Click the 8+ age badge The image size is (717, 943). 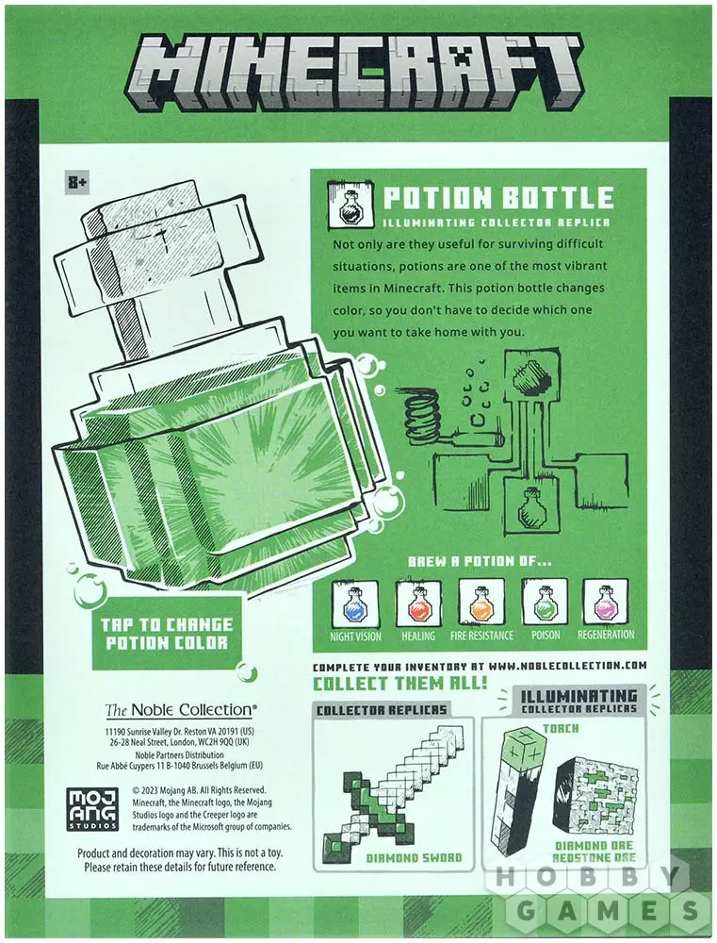tap(77, 182)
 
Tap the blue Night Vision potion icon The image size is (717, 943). tap(356, 604)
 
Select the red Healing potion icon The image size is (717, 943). tap(418, 604)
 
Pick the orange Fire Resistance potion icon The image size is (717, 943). tap(481, 604)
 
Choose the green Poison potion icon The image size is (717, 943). tap(544, 604)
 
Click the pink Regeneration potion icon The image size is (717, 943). tap(606, 604)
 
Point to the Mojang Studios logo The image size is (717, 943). tap(92, 809)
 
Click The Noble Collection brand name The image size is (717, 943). tap(178, 710)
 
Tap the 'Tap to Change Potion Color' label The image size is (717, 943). tap(167, 634)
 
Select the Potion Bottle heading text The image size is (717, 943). tap(498, 197)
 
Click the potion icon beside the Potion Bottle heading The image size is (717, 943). tap(347, 206)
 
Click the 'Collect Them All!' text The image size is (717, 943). tap(399, 684)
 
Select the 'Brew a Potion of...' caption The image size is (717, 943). tap(479, 562)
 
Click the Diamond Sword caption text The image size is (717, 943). tap(415, 857)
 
